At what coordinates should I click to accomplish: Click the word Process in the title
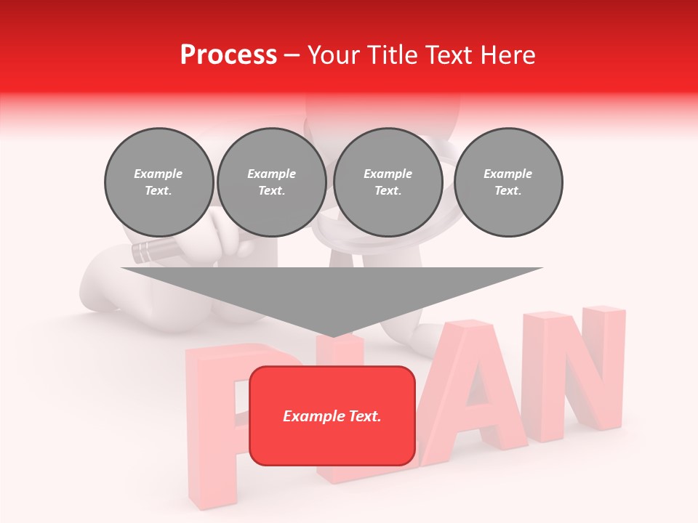click(228, 55)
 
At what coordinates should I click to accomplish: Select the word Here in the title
click(508, 55)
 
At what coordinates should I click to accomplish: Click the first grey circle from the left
click(159, 182)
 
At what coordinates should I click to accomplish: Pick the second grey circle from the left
click(271, 182)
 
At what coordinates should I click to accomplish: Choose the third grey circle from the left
click(388, 182)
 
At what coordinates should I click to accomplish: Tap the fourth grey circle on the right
click(508, 182)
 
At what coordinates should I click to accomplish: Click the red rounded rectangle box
click(332, 443)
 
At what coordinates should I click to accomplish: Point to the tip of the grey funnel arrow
click(332, 335)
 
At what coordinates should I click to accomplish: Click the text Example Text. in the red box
click(332, 416)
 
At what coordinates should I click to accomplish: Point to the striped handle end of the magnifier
click(145, 252)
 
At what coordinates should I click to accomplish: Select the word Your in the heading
click(334, 55)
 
